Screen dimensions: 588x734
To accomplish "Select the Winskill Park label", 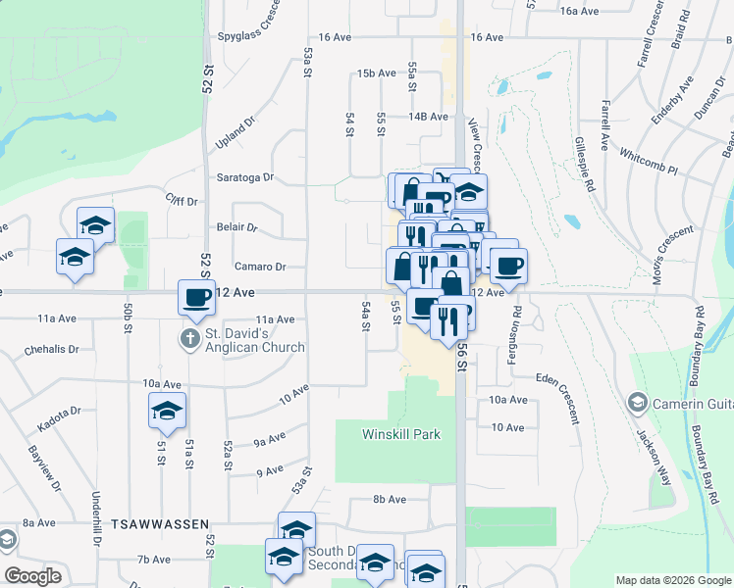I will point(401,434).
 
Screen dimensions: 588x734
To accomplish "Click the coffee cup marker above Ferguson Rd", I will point(508,266).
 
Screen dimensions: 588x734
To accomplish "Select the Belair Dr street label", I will point(236,227).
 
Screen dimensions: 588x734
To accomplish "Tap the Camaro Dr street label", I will point(259,267).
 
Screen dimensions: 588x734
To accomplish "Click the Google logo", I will point(33,576).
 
